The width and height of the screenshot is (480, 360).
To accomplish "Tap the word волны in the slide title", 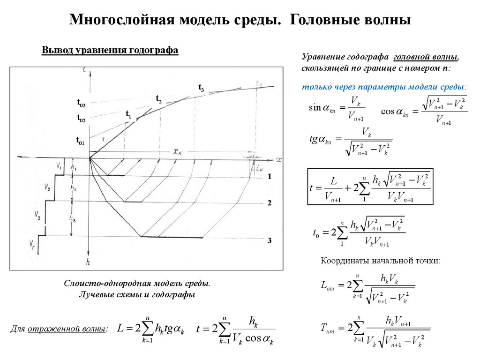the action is pos(387,20).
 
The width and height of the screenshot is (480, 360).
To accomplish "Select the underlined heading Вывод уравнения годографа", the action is pos(110,51).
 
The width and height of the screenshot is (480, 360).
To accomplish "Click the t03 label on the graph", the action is pos(81,103).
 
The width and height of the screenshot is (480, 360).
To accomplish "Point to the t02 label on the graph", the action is pos(81,119).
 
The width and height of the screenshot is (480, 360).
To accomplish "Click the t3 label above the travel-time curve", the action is pos(201,88).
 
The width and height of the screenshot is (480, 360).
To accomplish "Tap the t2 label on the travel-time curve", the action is pos(158,99).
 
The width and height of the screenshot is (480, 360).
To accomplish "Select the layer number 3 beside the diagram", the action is pos(270,240).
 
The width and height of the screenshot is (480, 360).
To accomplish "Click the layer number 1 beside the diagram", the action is pos(270,176).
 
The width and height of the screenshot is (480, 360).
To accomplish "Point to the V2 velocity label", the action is pos(48,188).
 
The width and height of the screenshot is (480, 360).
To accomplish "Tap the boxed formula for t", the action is pos(370,187).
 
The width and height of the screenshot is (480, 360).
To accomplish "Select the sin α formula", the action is pos(337,109).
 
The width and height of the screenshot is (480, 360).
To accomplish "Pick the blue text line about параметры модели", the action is pos(384,87).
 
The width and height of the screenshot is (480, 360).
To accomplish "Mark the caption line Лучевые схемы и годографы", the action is pos(136,295).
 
